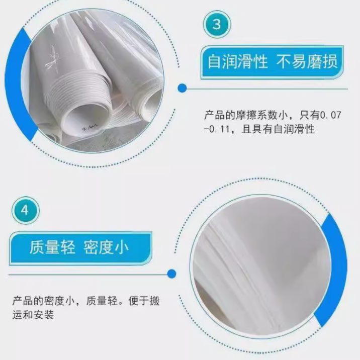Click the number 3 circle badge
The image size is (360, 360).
pos(217,24)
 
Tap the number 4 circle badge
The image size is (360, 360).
pos(26,210)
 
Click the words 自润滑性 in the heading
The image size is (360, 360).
pos(238,61)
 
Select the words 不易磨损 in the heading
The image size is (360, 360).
pos(307,61)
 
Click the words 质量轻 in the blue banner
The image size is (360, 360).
pos(53,247)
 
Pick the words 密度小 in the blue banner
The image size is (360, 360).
pos(106,247)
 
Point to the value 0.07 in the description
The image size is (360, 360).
pos(331,115)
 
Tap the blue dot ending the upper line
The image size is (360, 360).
pos(183,88)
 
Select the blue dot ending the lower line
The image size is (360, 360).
pos(171,274)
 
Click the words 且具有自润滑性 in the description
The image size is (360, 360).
pos(278,129)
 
